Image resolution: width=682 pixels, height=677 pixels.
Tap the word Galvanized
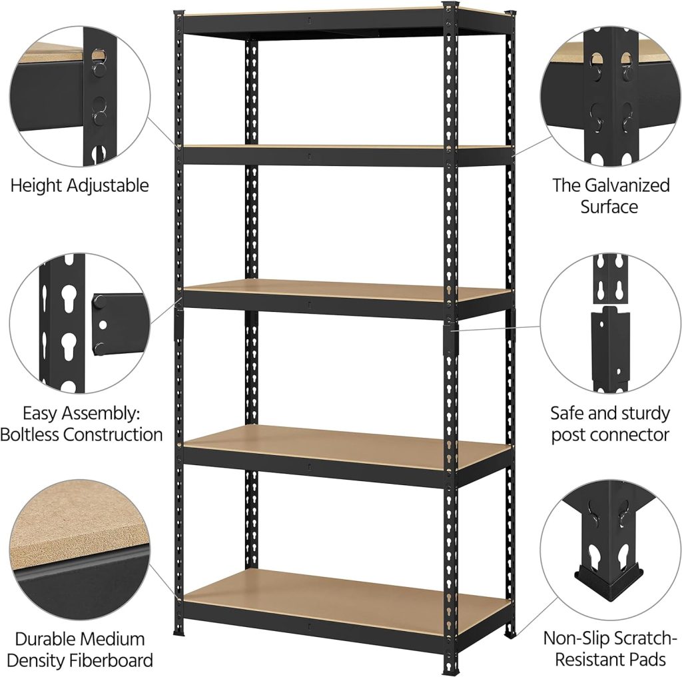coord(627,185)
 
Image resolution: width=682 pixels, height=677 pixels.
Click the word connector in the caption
coord(633,435)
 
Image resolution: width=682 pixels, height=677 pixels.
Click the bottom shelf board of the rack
coord(346,596)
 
